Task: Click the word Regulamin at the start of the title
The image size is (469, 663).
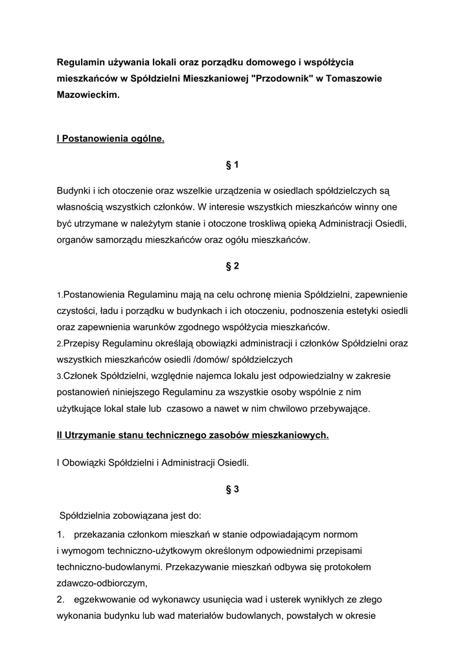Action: (x=80, y=62)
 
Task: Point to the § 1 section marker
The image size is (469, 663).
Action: (x=233, y=165)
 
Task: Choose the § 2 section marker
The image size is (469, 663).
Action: (x=233, y=266)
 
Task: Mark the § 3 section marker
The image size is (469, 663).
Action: (x=233, y=489)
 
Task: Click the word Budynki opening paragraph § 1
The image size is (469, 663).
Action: (x=74, y=192)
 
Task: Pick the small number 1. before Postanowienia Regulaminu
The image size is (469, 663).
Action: (x=60, y=295)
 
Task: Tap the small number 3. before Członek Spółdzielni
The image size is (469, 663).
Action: (x=60, y=376)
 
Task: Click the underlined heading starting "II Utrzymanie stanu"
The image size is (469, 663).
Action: (x=193, y=436)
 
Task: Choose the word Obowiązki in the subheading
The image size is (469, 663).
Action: (x=86, y=463)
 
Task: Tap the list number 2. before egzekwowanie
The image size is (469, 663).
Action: (x=62, y=598)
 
